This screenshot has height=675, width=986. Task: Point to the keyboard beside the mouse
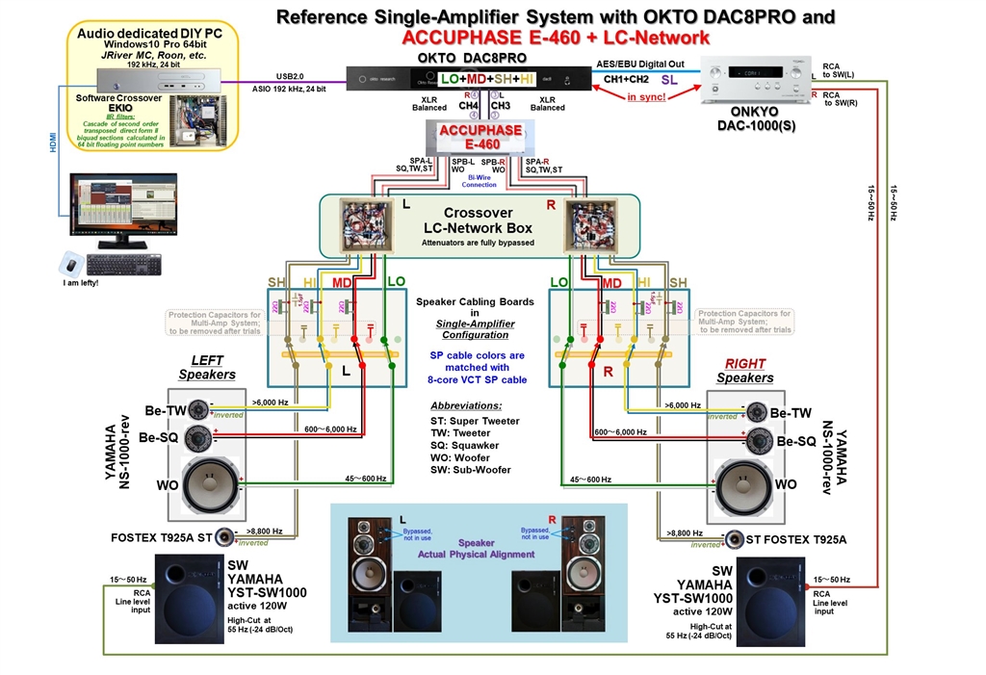point(123,262)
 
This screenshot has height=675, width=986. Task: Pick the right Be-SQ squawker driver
point(758,442)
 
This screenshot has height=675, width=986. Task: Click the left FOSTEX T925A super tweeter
point(225,537)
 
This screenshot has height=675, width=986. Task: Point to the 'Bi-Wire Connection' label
point(479,181)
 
